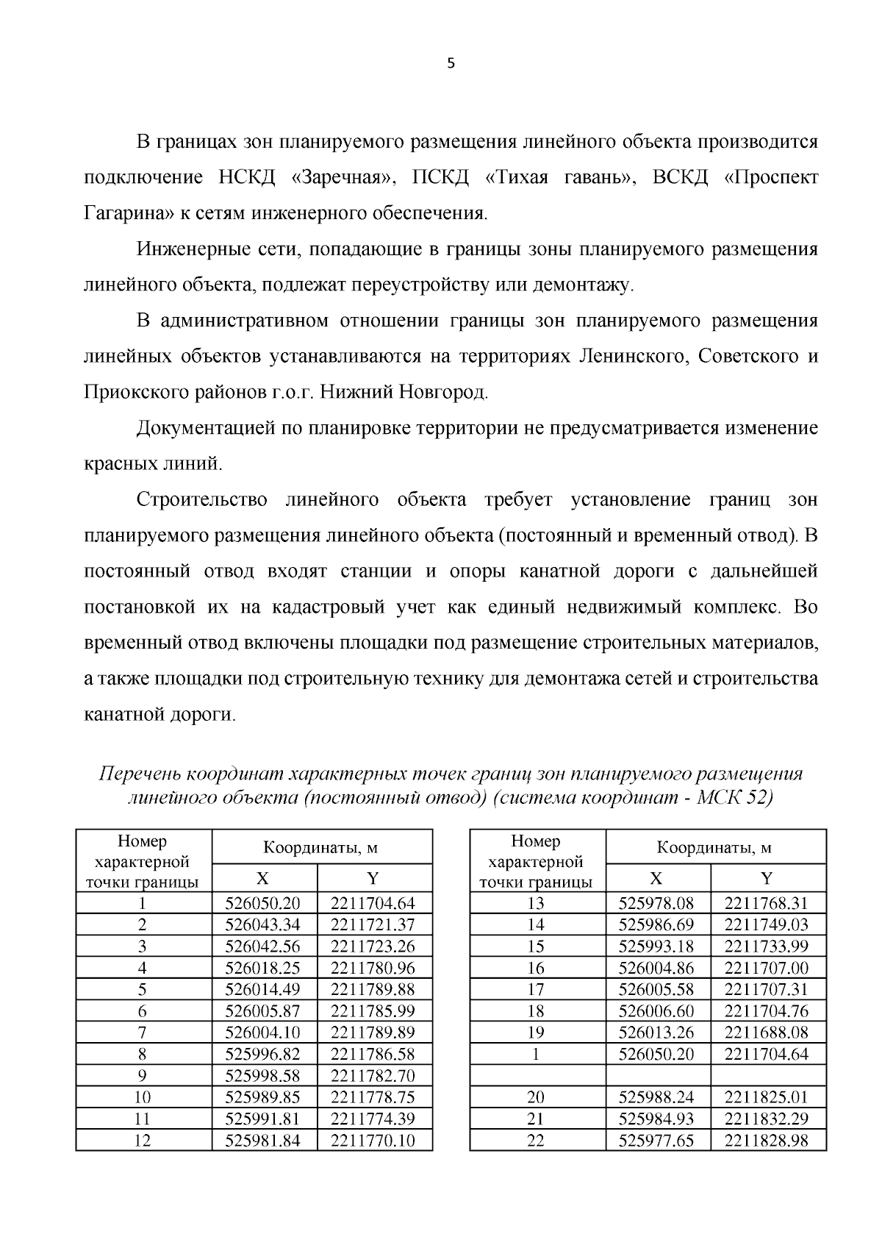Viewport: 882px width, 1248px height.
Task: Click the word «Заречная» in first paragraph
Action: (345, 178)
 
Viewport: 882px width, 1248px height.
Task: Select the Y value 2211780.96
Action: (373, 968)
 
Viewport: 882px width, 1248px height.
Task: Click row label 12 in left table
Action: (143, 1140)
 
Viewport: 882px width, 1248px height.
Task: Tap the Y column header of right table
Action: (767, 878)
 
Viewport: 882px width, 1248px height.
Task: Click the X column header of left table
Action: (263, 878)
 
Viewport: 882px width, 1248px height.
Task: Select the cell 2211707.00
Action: (767, 968)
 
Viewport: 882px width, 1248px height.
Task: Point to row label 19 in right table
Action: (536, 1032)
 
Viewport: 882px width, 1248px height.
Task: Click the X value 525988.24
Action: (656, 1097)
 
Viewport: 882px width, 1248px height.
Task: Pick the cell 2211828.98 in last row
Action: (767, 1140)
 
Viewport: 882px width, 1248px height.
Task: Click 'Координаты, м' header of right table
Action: (714, 847)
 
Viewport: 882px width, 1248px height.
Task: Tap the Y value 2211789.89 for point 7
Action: (373, 1032)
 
